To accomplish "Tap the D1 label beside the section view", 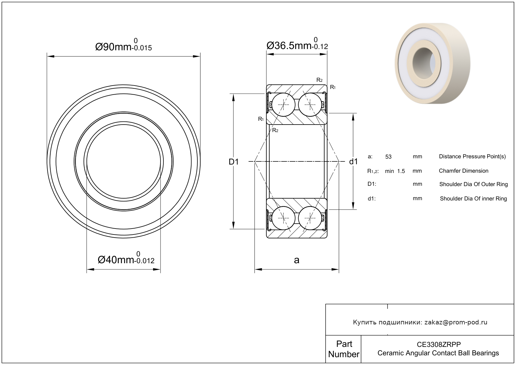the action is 234,162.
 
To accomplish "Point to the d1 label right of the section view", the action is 353,162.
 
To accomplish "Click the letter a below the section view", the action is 296,260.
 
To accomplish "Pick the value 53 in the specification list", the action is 388,157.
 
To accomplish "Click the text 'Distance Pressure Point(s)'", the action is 472,157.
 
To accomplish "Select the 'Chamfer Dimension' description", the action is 464,171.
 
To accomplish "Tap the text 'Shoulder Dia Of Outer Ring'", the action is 474,184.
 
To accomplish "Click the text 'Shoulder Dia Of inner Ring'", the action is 473,199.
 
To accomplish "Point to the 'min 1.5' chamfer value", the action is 395,171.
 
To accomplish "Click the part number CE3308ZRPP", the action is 439,344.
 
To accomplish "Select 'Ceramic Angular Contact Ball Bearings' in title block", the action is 438,353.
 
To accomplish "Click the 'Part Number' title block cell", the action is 344,349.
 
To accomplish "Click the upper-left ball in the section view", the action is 283,105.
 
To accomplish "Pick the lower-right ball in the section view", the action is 310,218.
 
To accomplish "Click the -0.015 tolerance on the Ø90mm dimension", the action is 142,48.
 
